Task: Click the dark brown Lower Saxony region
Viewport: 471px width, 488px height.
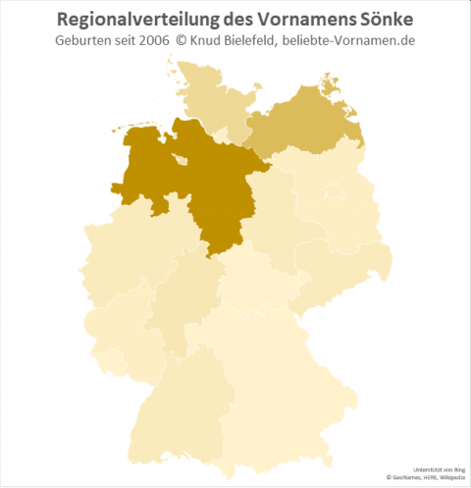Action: [196, 182]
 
